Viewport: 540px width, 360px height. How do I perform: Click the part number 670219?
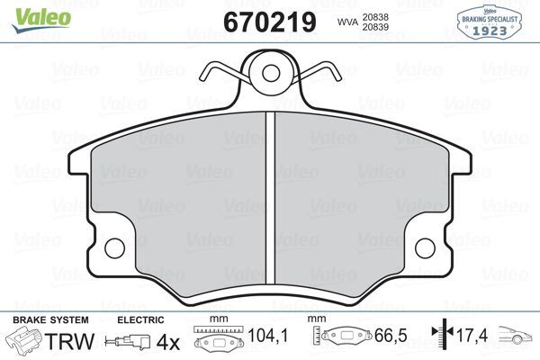(x=270, y=22)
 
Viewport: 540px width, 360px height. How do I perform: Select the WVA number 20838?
(x=375, y=17)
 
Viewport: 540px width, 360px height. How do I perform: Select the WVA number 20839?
(x=375, y=27)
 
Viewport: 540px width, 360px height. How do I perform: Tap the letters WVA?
(x=347, y=22)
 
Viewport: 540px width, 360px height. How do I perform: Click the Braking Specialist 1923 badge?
(x=489, y=22)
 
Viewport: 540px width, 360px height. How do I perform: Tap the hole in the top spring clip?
(x=270, y=73)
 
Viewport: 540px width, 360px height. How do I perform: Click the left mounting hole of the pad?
(x=114, y=248)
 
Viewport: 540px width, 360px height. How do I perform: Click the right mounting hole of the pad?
(x=426, y=248)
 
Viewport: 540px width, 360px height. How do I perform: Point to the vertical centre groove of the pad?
(x=270, y=199)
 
